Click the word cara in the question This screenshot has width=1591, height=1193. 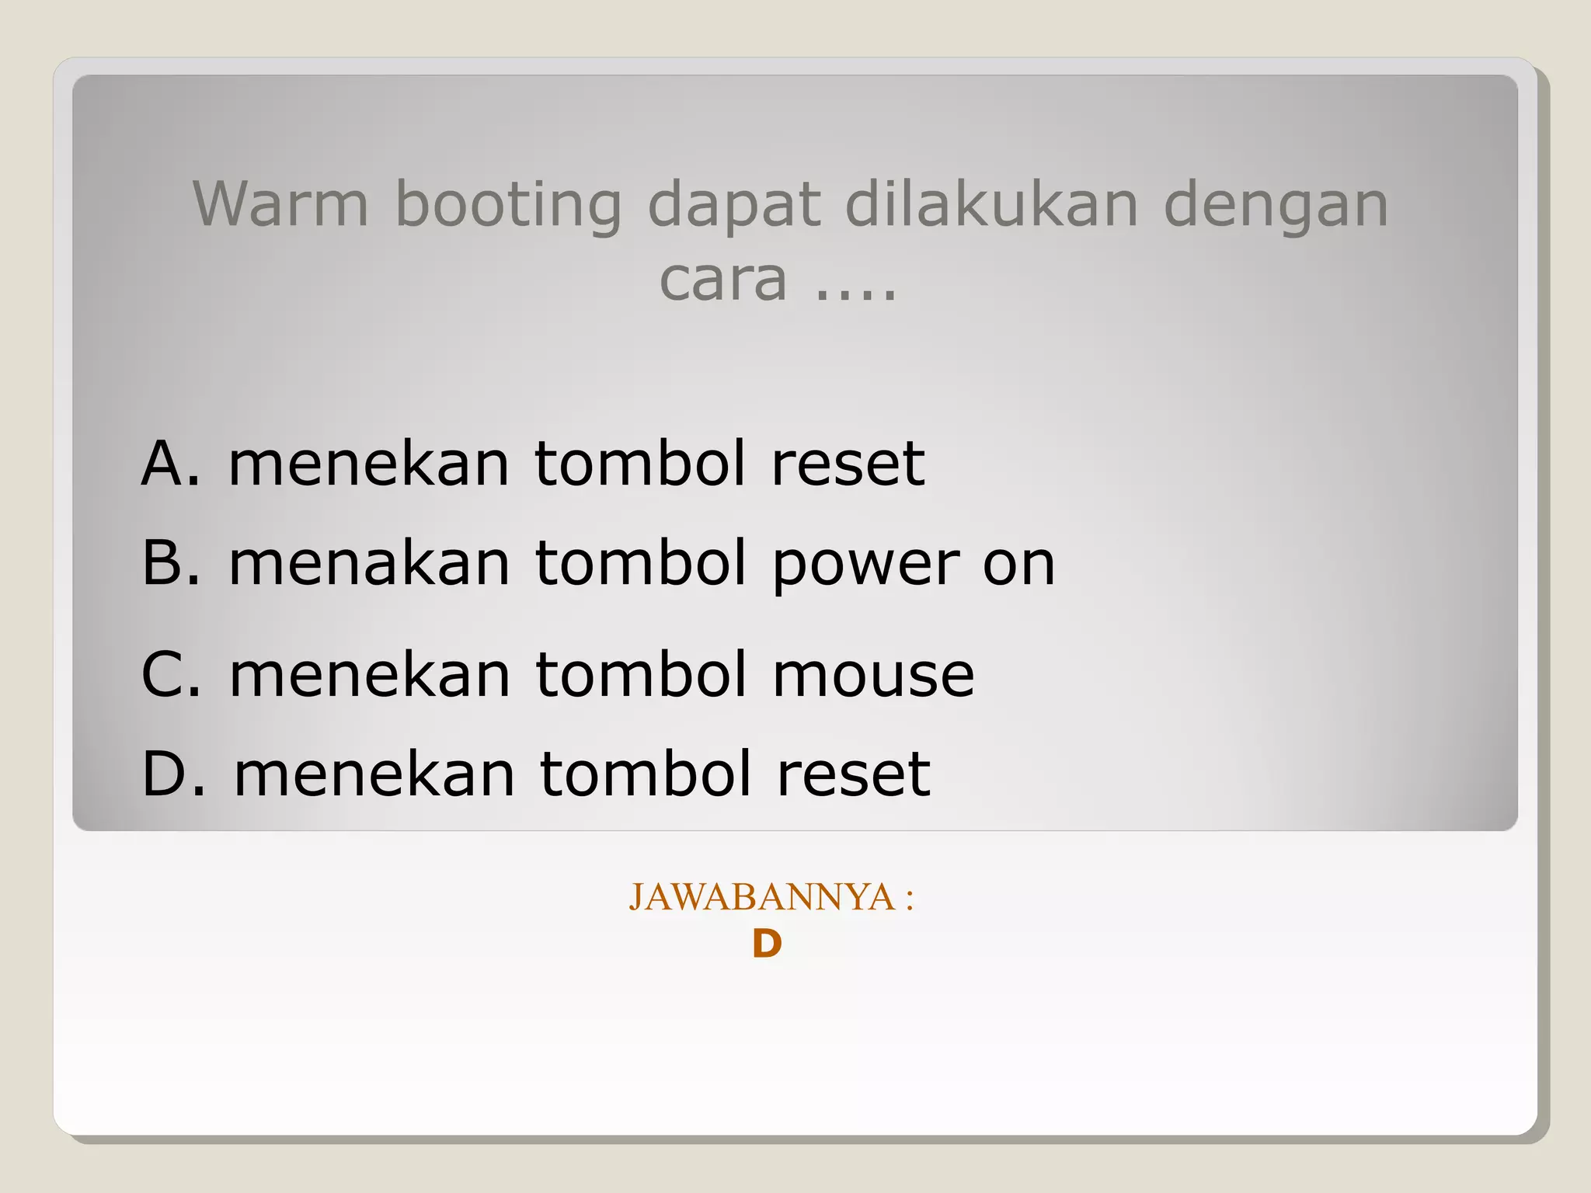coord(723,280)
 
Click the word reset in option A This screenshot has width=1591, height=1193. coord(848,464)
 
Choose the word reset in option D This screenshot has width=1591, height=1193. coord(853,774)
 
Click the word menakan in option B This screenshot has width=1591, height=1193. coord(369,562)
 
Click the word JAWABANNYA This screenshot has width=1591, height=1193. coord(761,897)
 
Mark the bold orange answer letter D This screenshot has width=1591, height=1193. coord(767,945)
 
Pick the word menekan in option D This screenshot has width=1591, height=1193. coord(374,774)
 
